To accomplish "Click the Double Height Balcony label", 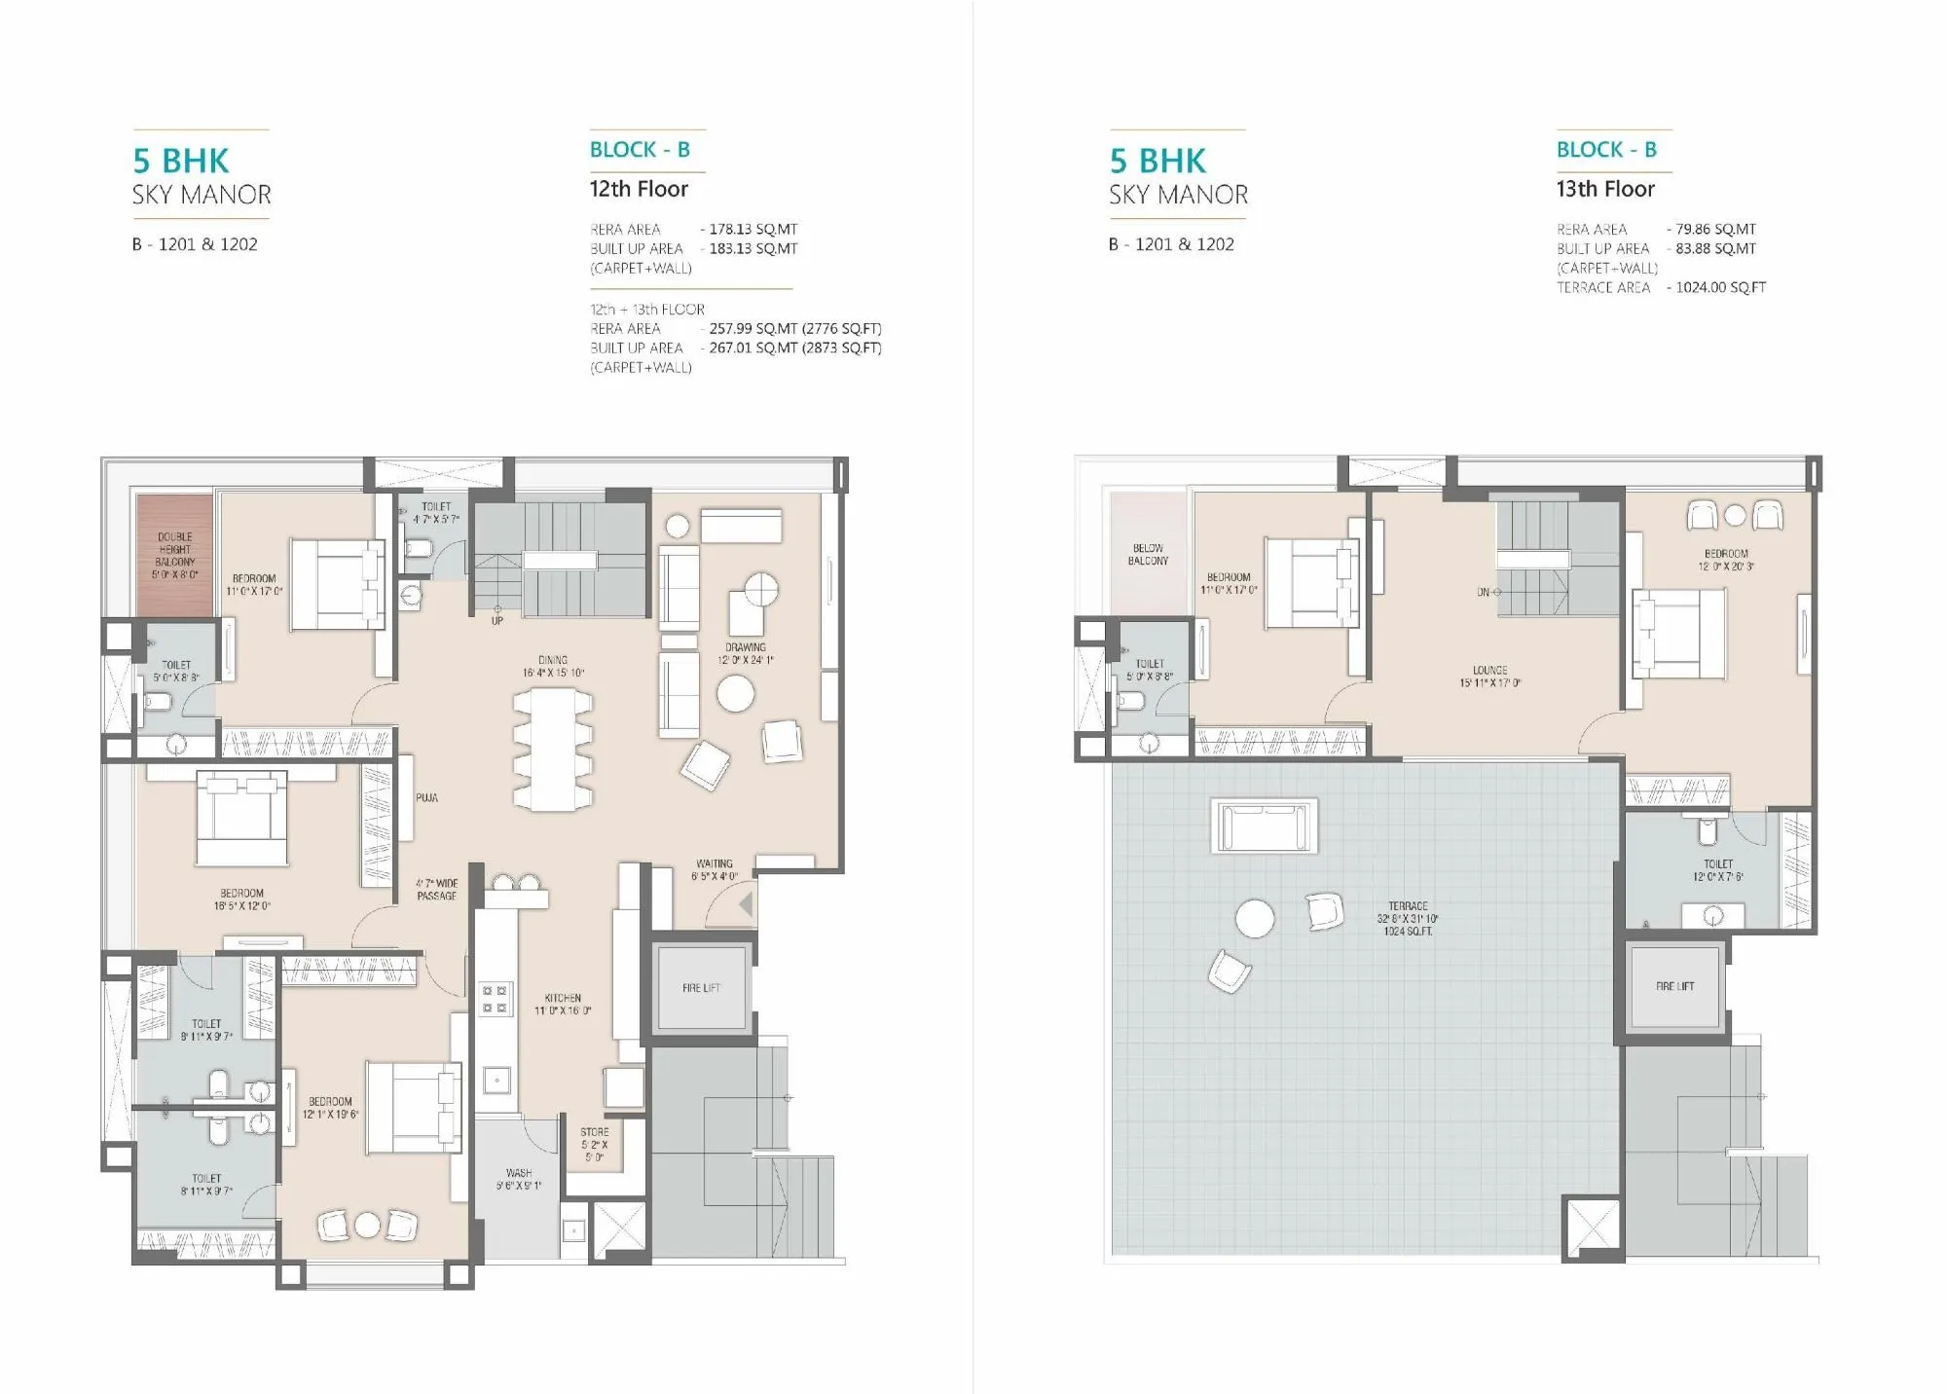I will click(x=175, y=555).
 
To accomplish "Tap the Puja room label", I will click(x=426, y=797).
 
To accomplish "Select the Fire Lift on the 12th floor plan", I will click(x=701, y=988).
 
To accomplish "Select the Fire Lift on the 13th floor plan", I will click(x=1674, y=986).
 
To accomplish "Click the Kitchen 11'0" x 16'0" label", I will click(x=563, y=1004).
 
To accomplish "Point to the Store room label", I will click(x=594, y=1144).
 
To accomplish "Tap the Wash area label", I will click(x=519, y=1179).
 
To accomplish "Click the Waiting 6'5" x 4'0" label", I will click(x=715, y=869).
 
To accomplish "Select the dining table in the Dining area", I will click(x=552, y=749).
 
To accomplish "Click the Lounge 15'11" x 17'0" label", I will click(x=1489, y=677).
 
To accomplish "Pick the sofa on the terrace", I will click(x=1264, y=826).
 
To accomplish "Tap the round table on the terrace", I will click(x=1255, y=918).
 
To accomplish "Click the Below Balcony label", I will click(x=1148, y=554).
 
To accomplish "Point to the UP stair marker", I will click(x=496, y=620).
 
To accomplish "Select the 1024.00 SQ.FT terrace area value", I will click(x=1720, y=287).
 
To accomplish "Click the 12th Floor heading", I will click(x=639, y=189).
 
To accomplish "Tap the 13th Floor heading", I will click(x=1605, y=189).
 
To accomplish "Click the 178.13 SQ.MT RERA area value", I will click(x=753, y=229).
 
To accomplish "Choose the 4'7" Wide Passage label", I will click(x=436, y=890).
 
